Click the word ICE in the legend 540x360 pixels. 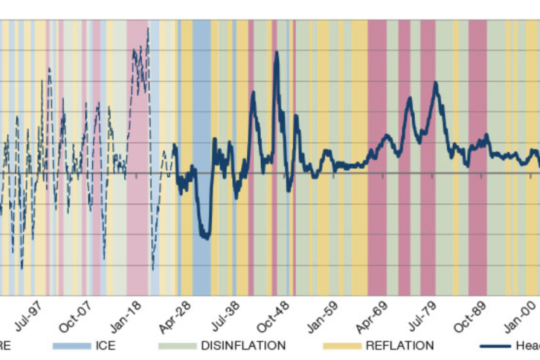[105, 345]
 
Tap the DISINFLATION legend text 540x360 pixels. [243, 345]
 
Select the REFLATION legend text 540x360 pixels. [399, 345]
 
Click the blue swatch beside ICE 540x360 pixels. [72, 346]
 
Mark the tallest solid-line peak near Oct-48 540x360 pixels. [276, 52]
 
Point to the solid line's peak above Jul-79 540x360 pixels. [436, 83]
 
